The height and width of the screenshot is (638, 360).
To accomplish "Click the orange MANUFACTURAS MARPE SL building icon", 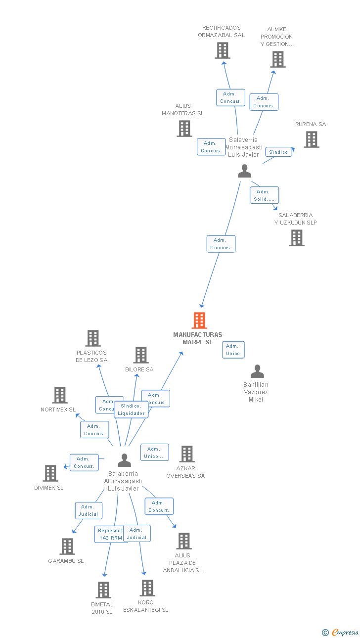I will tap(199, 320).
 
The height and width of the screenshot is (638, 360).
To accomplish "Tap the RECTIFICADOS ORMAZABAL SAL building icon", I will tap(222, 50).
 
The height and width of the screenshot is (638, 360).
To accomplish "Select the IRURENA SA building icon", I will tap(311, 139).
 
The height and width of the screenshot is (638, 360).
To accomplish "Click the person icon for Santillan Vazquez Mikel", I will tap(257, 371).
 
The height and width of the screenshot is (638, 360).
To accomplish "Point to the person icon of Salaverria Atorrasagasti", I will tap(244, 171).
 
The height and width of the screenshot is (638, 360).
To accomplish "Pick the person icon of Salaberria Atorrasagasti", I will tap(124, 460).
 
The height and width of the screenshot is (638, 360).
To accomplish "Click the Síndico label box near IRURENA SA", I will tap(278, 152).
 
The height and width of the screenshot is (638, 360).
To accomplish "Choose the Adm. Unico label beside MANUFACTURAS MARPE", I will tap(233, 350).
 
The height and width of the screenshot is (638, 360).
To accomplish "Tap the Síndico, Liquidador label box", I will tap(131, 410).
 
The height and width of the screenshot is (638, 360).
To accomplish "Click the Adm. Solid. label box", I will tap(264, 195).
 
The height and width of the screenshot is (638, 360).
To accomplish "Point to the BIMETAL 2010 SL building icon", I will tap(103, 590).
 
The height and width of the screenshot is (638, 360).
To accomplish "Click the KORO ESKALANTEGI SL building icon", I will tap(147, 588).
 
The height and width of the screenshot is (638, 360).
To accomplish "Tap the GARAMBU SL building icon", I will tap(67, 547).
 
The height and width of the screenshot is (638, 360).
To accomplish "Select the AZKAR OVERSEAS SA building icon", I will tap(186, 454).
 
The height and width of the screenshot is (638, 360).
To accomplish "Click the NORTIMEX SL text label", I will tap(58, 410).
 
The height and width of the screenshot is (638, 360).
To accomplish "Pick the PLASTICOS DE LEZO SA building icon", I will tap(92, 338).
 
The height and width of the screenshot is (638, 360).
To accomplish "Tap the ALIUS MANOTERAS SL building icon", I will tap(184, 129).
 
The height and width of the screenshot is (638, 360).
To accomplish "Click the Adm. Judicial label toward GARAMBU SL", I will tap(89, 510).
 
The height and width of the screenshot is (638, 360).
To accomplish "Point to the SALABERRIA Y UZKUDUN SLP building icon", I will tap(296, 238).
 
